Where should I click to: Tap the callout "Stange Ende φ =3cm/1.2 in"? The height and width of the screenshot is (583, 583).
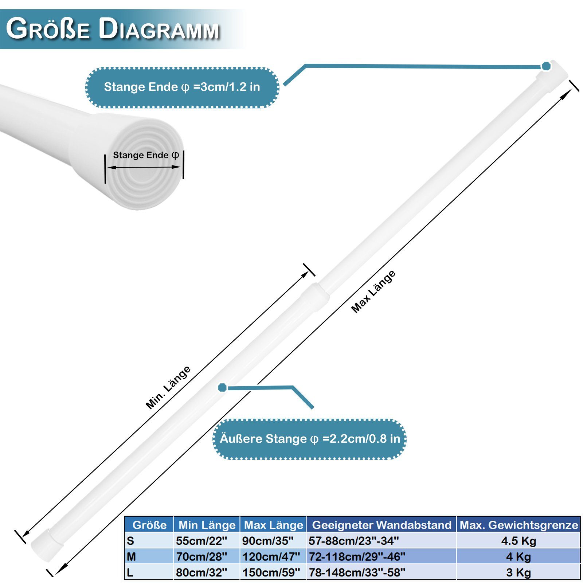(x=182, y=87)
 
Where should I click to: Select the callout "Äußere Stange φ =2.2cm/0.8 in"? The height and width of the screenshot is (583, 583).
(x=310, y=439)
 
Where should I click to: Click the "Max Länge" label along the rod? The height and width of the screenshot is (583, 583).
(x=373, y=292)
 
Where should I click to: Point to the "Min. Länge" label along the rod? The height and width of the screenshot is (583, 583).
(x=168, y=388)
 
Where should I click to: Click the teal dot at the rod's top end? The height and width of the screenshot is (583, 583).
(x=546, y=66)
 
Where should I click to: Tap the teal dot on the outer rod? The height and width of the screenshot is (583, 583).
(x=222, y=388)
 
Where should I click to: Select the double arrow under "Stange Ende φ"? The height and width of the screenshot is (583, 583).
(x=144, y=167)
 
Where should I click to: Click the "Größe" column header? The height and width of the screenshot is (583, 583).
(x=149, y=525)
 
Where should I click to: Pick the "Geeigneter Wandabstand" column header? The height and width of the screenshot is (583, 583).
(x=382, y=525)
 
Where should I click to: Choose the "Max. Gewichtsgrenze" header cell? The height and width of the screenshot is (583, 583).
(x=519, y=525)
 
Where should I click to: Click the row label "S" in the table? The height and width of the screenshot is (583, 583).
(x=130, y=541)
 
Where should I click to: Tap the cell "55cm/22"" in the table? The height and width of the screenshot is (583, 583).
(x=201, y=541)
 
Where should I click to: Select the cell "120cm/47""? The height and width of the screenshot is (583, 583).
(x=271, y=556)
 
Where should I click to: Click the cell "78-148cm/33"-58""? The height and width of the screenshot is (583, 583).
(x=357, y=572)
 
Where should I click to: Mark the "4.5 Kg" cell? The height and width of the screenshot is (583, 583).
(x=519, y=541)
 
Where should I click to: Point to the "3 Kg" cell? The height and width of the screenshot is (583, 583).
(x=519, y=572)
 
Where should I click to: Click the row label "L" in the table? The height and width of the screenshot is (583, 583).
(x=130, y=572)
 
